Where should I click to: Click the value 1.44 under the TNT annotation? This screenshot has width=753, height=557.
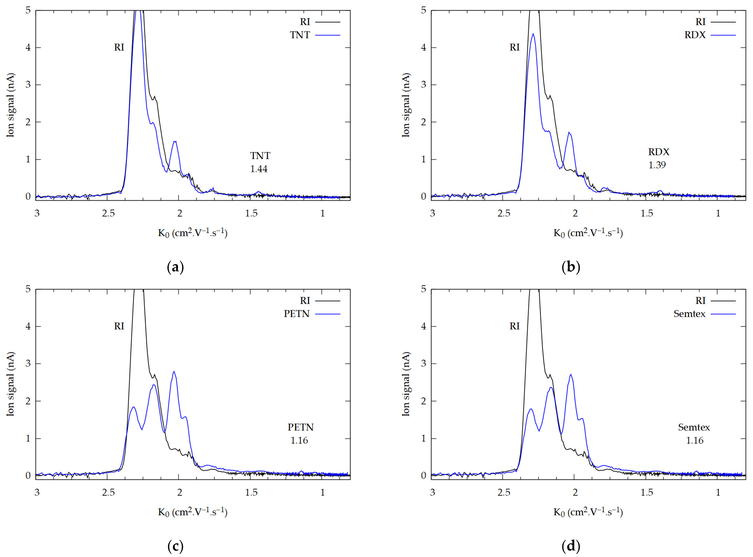click(x=259, y=169)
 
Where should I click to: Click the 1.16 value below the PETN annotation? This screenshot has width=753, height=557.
click(x=299, y=440)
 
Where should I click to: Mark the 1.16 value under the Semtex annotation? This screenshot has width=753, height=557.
click(x=695, y=440)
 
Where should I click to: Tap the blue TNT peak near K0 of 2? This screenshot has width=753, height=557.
click(x=175, y=142)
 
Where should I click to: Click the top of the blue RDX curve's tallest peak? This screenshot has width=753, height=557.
click(x=533, y=34)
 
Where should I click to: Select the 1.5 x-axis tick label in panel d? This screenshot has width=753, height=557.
click(x=647, y=492)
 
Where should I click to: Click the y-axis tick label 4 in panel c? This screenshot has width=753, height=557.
click(x=28, y=326)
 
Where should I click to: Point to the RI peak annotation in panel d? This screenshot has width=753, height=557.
click(x=514, y=326)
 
